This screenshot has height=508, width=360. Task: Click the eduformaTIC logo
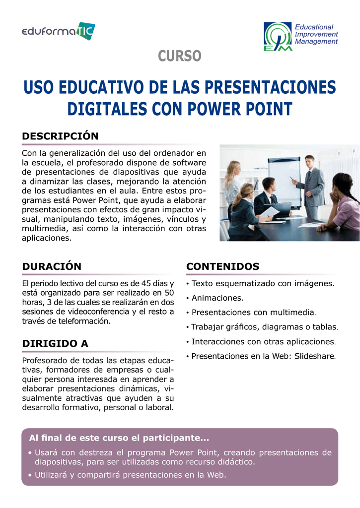59,31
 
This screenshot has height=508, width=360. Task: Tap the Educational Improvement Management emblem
278,37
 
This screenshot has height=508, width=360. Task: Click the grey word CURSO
180,56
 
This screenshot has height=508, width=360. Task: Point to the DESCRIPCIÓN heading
60,136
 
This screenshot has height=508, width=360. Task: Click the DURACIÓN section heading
52,266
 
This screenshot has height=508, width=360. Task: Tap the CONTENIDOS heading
223,266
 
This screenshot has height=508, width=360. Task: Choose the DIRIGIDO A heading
55,343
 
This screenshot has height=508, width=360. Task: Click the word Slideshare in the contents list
315,356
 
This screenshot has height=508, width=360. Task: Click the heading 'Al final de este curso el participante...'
119,438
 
